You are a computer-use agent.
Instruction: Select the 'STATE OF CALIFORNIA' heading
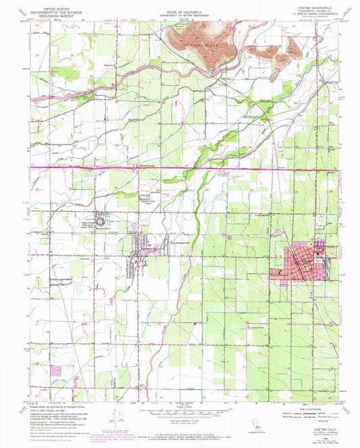pyautogui.click(x=180, y=9)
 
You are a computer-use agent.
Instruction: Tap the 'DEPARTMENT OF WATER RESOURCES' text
pyautogui.click(x=180, y=13)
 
